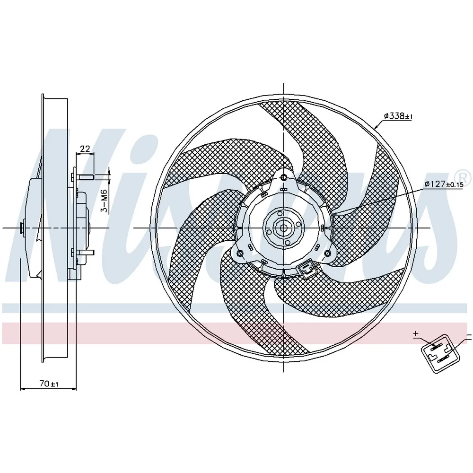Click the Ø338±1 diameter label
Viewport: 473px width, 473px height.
398,116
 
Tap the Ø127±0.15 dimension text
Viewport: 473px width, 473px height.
444,184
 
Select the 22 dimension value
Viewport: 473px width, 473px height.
85,149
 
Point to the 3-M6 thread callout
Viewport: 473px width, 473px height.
104,201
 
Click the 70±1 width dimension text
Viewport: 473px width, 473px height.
49,384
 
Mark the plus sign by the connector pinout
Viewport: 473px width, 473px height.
416,333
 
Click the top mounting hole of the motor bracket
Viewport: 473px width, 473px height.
283,177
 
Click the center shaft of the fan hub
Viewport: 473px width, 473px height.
283,228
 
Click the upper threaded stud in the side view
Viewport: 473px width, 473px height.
85,176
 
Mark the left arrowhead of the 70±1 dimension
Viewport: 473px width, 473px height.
23,389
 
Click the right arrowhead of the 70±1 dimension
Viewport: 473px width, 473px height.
73,389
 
